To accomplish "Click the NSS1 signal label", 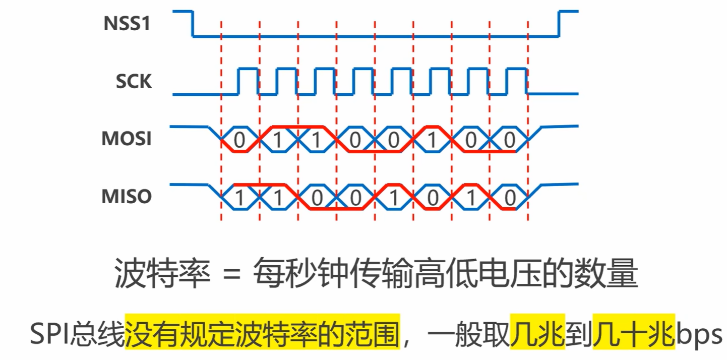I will point(127,23).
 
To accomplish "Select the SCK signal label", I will point(134,81).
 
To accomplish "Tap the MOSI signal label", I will point(127,139).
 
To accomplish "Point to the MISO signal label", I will point(127,197).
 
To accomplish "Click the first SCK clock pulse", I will point(248,81).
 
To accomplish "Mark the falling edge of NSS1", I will point(193,24).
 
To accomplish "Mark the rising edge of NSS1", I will point(559,24).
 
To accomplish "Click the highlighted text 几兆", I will point(537,334).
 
